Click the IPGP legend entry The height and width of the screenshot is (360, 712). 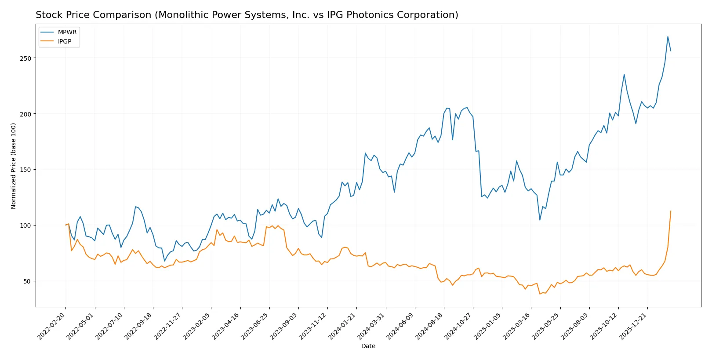(64, 41)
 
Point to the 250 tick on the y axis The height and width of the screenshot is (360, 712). (25, 58)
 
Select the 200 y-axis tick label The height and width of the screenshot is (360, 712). (25, 114)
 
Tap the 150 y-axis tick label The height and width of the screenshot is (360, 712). (25, 170)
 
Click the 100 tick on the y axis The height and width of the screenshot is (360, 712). (25, 225)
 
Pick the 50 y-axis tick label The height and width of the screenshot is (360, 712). (27, 281)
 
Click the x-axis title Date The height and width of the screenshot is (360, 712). (368, 346)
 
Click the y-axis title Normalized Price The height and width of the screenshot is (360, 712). (14, 166)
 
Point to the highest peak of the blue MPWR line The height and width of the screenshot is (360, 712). (668, 36)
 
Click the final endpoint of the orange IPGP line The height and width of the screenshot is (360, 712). (671, 211)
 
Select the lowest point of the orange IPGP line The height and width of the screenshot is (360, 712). (540, 294)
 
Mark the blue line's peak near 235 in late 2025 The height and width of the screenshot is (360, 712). (624, 74)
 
